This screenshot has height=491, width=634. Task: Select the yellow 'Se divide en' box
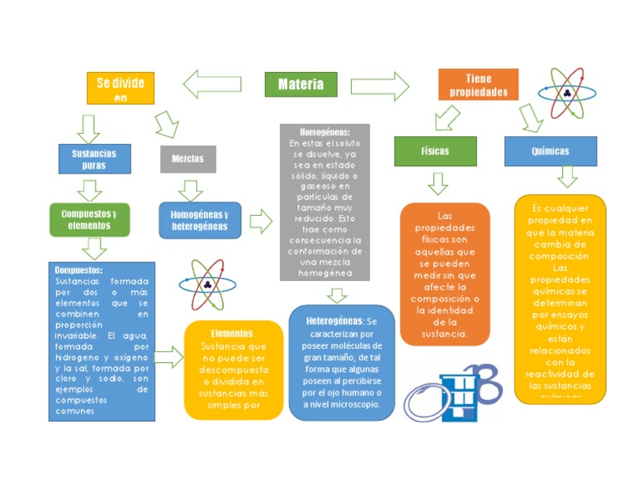tap(121, 88)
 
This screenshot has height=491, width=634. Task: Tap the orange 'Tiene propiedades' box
tap(478, 85)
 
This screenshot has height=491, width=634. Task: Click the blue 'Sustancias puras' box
tap(94, 159)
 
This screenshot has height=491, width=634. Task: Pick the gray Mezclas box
tap(188, 159)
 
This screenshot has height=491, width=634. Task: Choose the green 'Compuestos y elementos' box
tap(89, 219)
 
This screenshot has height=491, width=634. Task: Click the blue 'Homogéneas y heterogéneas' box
tap(200, 220)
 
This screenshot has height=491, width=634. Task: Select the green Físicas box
tap(435, 152)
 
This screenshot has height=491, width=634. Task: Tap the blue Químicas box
tap(550, 151)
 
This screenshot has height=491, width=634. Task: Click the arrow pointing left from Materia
tap(212, 83)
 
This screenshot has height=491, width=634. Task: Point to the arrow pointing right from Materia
tap(380, 86)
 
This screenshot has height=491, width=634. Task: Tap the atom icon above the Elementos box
tap(207, 284)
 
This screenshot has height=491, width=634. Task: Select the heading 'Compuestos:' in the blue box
tap(78, 270)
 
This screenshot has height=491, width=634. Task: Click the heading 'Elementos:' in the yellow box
tap(232, 333)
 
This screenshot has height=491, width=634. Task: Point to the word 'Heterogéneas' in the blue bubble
tap(334, 320)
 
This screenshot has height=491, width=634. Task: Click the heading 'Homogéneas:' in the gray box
tap(324, 132)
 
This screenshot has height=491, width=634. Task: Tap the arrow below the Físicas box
tap(438, 184)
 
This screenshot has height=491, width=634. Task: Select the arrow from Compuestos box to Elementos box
tap(168, 357)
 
